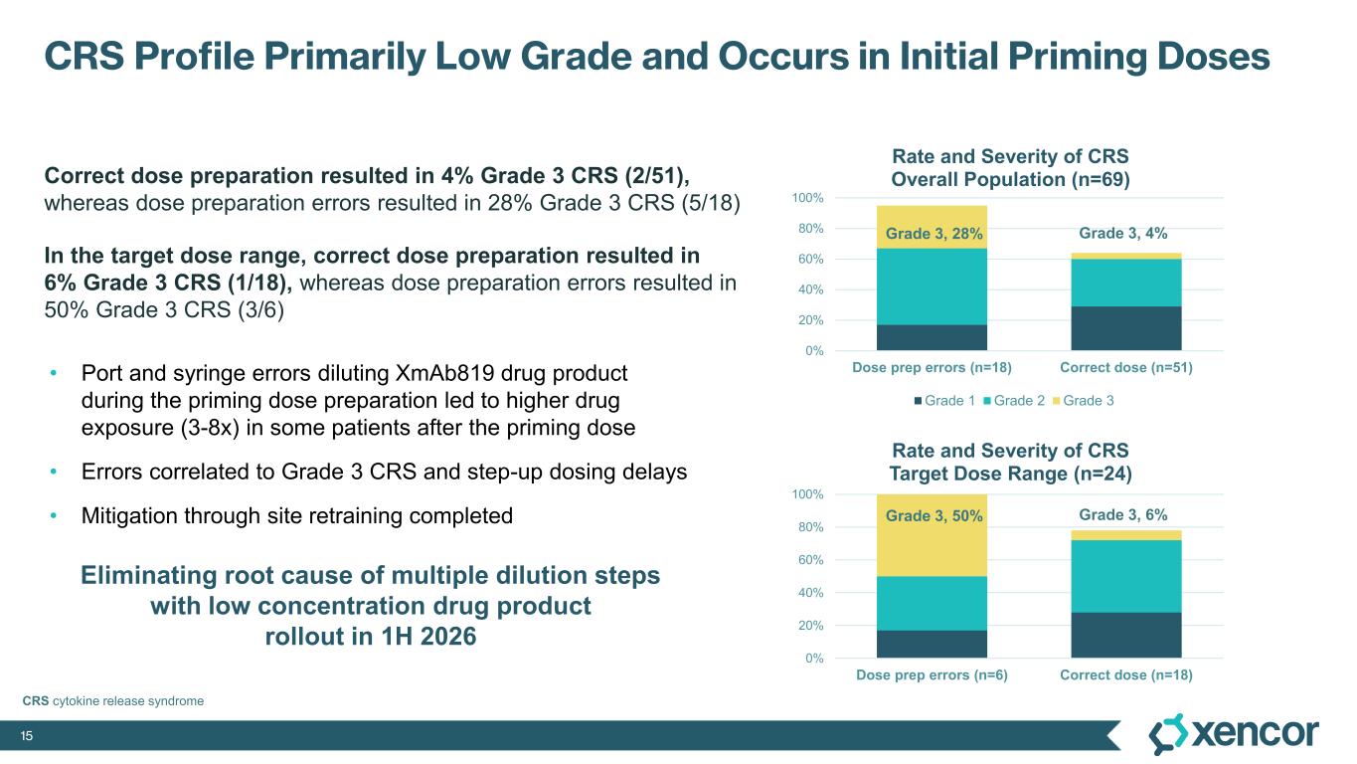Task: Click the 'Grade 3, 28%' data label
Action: point(933,235)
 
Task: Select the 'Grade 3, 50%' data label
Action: point(933,515)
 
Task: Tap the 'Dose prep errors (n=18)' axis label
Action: point(932,368)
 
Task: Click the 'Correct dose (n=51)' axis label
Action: point(1125,368)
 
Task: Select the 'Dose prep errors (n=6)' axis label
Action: point(932,675)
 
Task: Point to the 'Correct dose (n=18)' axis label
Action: point(1125,675)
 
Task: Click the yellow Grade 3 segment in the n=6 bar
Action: point(932,537)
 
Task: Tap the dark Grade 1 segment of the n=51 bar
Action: point(1125,328)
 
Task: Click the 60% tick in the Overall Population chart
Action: point(809,260)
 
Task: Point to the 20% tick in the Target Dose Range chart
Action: point(809,626)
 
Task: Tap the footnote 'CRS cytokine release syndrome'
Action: point(113,701)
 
